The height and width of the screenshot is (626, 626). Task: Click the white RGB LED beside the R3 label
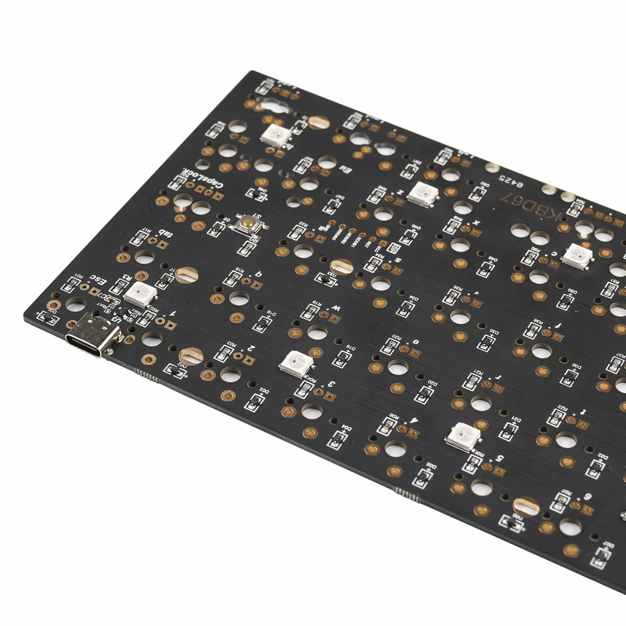[140, 294]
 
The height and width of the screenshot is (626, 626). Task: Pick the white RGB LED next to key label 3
[296, 364]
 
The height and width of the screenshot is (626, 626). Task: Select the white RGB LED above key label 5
[463, 436]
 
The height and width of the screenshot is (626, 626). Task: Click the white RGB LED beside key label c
[577, 256]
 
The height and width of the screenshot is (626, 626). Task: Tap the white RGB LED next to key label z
[421, 194]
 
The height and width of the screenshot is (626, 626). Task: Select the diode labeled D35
[486, 342]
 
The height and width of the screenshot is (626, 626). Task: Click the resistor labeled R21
[472, 380]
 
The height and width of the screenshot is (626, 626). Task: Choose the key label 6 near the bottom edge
[588, 497]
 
